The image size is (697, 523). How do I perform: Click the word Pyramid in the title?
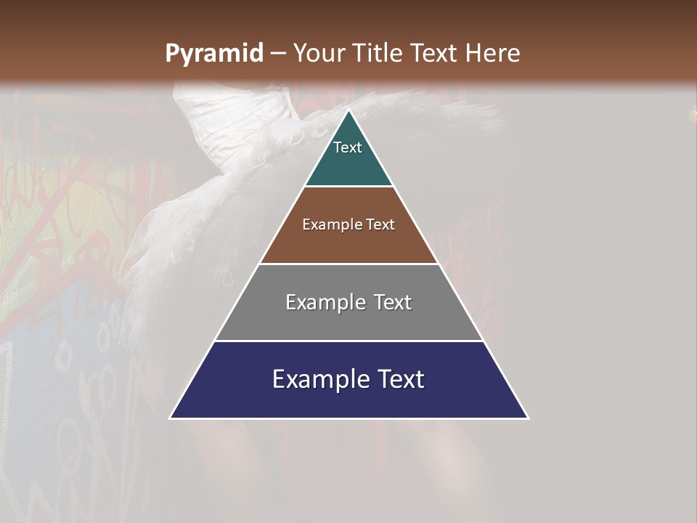(x=214, y=54)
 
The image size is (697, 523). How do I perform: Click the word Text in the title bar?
(x=435, y=54)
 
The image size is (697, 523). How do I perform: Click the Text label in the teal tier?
(x=348, y=148)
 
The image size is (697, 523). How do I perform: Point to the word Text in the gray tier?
(x=393, y=302)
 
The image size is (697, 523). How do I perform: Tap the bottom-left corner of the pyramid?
(x=171, y=418)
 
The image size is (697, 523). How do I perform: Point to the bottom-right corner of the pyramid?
(x=528, y=418)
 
